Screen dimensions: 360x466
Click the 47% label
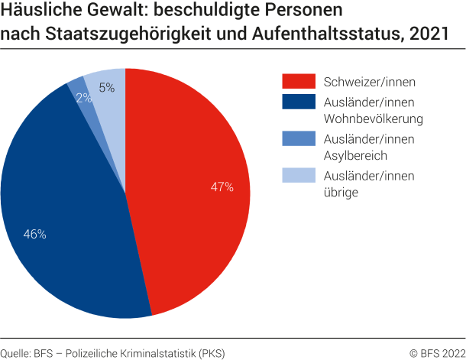(222, 186)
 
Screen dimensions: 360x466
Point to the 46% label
(35, 235)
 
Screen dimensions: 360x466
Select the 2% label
(84, 98)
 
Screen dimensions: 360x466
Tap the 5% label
(107, 88)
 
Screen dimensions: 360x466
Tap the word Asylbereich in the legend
(355, 157)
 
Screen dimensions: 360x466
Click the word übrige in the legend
(341, 194)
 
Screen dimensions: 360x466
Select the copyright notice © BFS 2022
(435, 352)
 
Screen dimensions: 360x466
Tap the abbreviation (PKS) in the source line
(212, 352)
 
